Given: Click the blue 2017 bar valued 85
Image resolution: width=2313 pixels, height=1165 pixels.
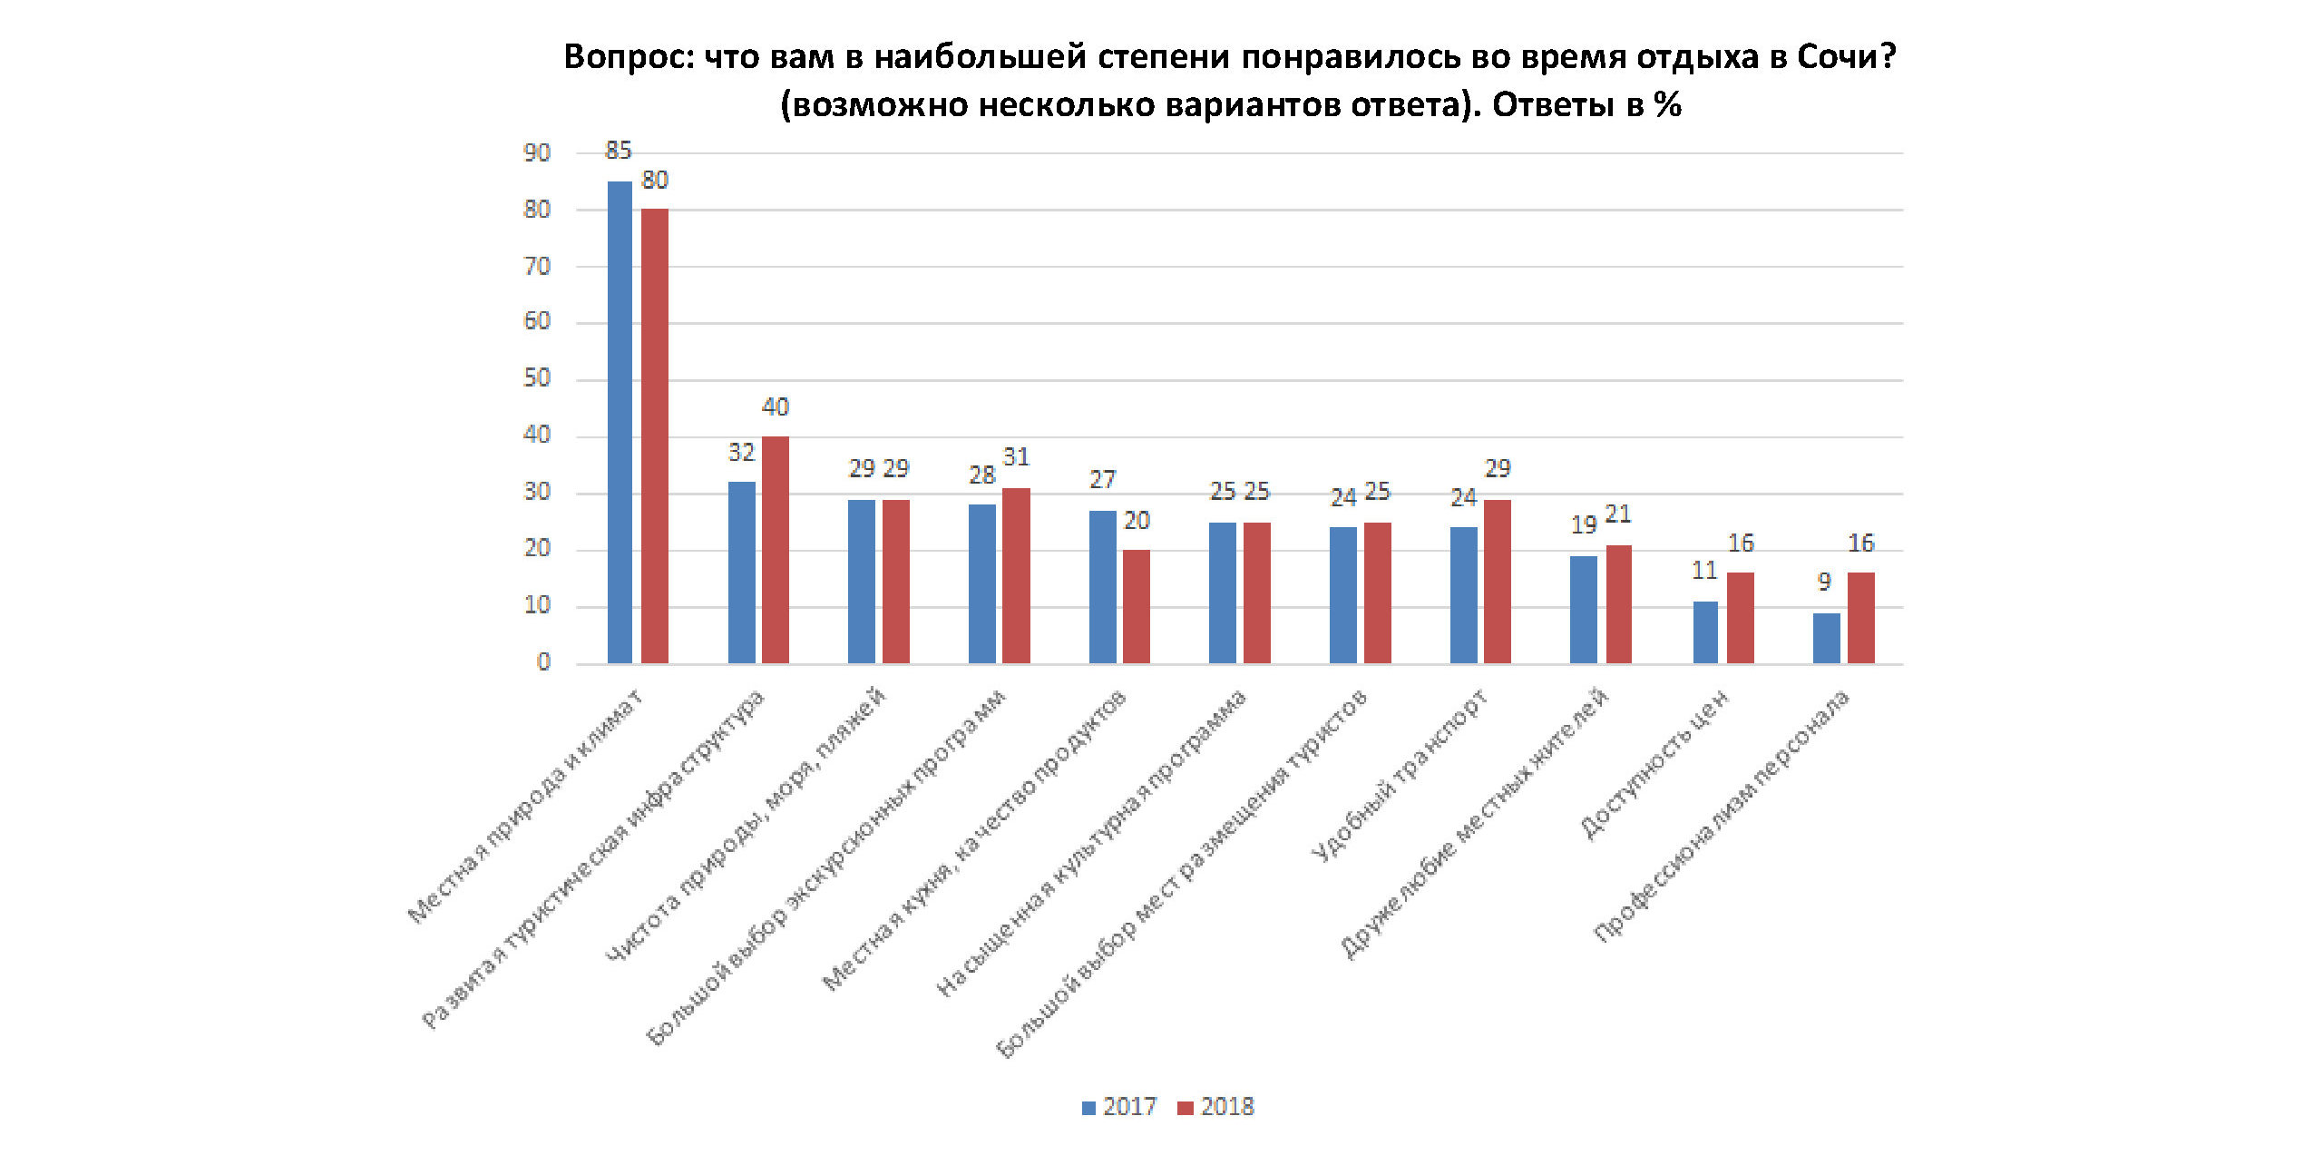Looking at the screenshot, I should click(x=620, y=422).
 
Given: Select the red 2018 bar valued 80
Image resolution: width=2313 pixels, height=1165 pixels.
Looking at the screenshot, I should click(x=654, y=436).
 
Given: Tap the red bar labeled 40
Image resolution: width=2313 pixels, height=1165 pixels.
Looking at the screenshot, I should click(x=776, y=549).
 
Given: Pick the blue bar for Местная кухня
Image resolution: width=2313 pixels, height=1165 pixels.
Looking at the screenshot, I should click(x=1102, y=586).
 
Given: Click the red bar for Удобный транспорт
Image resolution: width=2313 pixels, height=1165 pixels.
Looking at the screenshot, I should click(x=1498, y=581).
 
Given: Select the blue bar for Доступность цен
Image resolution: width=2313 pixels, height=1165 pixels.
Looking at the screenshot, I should click(x=1705, y=631).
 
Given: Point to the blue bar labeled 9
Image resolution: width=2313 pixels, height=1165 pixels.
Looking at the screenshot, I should click(x=1826, y=638).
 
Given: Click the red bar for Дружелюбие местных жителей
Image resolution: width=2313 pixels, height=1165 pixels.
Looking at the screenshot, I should click(x=1618, y=603).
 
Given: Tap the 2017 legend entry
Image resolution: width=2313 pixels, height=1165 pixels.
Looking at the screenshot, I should click(x=1119, y=1107).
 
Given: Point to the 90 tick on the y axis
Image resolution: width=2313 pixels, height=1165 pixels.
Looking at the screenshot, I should click(x=537, y=153).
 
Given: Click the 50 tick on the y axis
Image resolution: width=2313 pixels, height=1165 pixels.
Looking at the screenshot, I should click(x=537, y=378).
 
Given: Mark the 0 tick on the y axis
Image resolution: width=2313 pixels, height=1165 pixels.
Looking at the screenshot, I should click(x=543, y=662).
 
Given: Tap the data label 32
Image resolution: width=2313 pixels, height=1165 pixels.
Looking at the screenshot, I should click(x=741, y=452).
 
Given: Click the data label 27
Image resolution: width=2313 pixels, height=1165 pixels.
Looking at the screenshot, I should click(x=1102, y=479).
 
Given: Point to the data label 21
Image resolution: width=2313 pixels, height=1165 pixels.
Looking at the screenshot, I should click(x=1618, y=514).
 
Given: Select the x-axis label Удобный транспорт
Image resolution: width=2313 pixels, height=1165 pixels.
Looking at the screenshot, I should click(x=1401, y=776).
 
